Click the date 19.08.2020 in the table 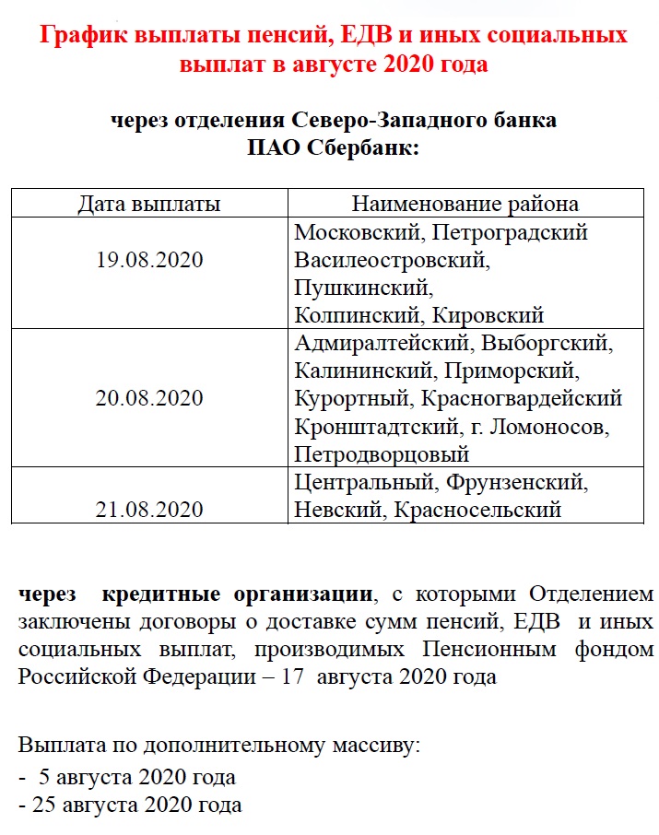pos(149,261)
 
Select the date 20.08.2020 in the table pos(149,399)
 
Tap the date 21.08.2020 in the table pos(149,510)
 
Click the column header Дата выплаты pos(148,204)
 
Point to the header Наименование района pos(465,204)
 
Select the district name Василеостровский pos(392,261)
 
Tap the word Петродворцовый pos(382,454)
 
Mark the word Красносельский pos(477,510)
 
